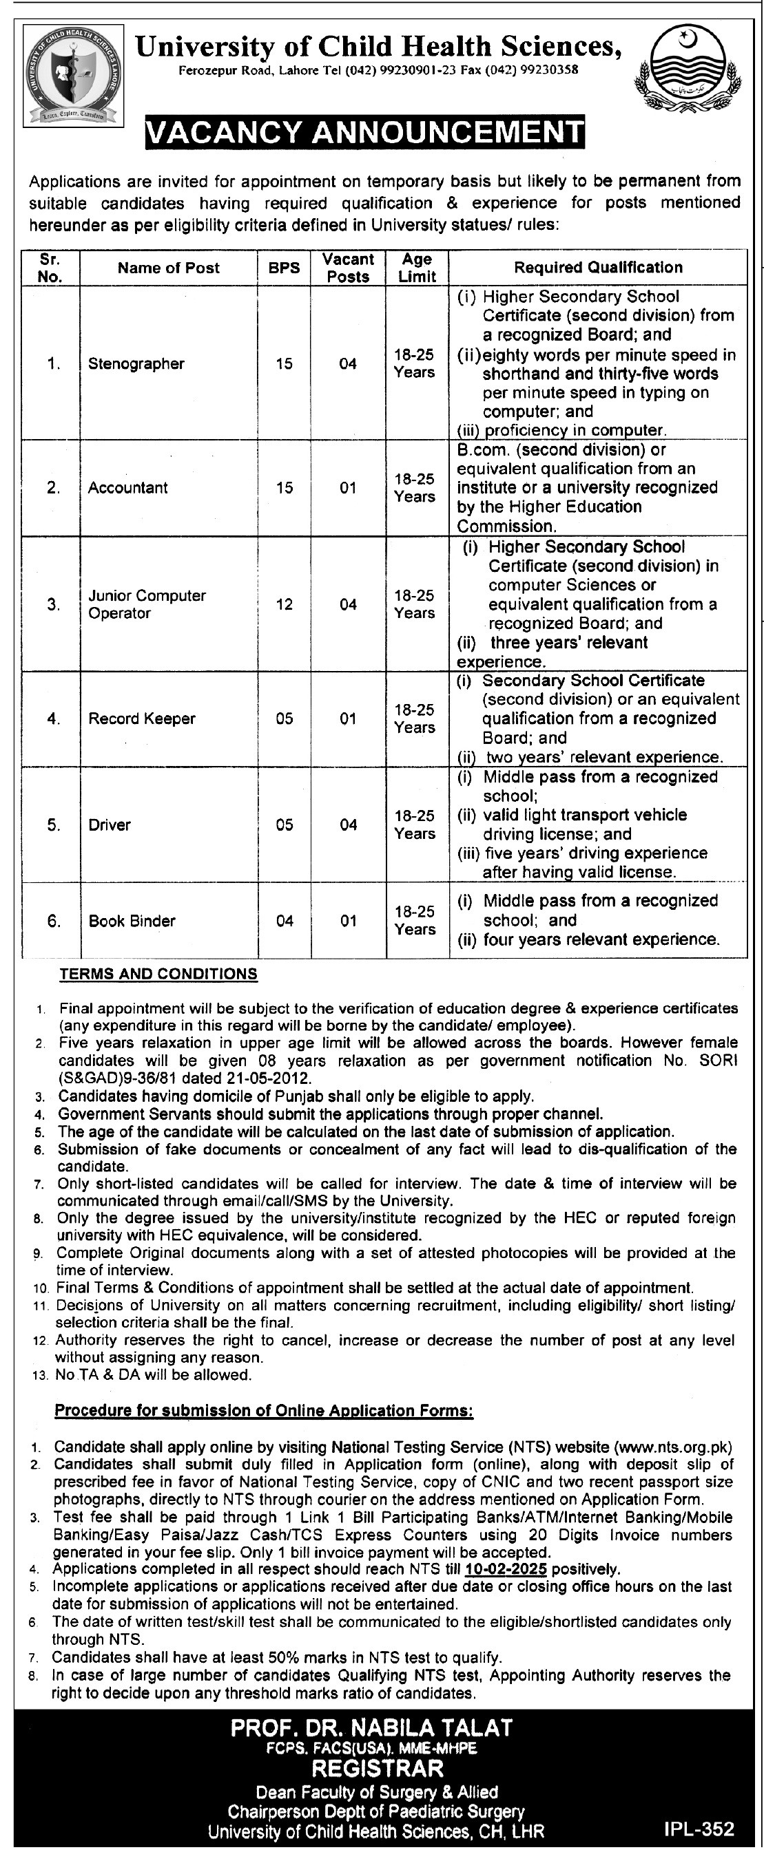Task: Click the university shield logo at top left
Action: tap(72, 76)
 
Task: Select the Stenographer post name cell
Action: tap(136, 364)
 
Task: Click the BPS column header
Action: tap(284, 268)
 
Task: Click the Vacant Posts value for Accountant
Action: tap(348, 488)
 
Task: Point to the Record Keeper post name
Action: tap(142, 719)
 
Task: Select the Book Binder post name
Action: tap(132, 921)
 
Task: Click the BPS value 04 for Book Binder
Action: tap(285, 921)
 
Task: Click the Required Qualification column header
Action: tap(598, 268)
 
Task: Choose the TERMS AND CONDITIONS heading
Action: tap(158, 974)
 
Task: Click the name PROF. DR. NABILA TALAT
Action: tap(372, 1727)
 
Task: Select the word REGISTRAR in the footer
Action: tap(378, 1768)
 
